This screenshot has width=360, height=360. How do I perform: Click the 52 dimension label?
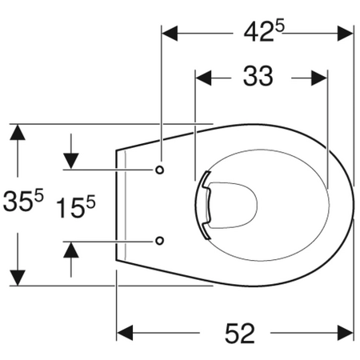click(x=240, y=333)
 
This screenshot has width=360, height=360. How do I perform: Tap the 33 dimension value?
click(x=258, y=76)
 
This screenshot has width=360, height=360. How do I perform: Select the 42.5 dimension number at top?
click(x=264, y=30)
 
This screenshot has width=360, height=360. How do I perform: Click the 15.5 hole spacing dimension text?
click(x=76, y=206)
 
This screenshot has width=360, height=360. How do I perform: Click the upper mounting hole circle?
click(x=159, y=170)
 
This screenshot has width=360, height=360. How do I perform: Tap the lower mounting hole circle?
click(x=159, y=241)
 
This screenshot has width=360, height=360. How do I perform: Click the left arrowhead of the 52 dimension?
click(x=125, y=333)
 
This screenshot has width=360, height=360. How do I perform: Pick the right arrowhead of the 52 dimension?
click(x=346, y=333)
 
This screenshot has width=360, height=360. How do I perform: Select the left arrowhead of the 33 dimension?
click(x=203, y=78)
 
